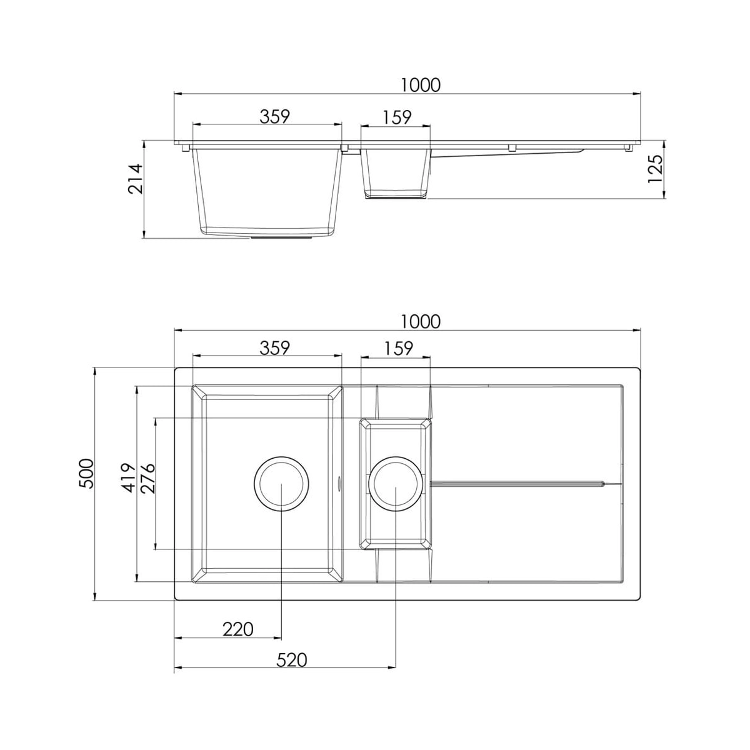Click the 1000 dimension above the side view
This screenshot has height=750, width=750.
(x=421, y=85)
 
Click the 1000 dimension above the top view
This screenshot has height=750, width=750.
(x=421, y=321)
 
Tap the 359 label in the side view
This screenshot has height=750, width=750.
(x=275, y=116)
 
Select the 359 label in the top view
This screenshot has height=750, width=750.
(x=275, y=347)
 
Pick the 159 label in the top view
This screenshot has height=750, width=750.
(x=397, y=348)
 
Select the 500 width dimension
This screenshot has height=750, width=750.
(x=86, y=474)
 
